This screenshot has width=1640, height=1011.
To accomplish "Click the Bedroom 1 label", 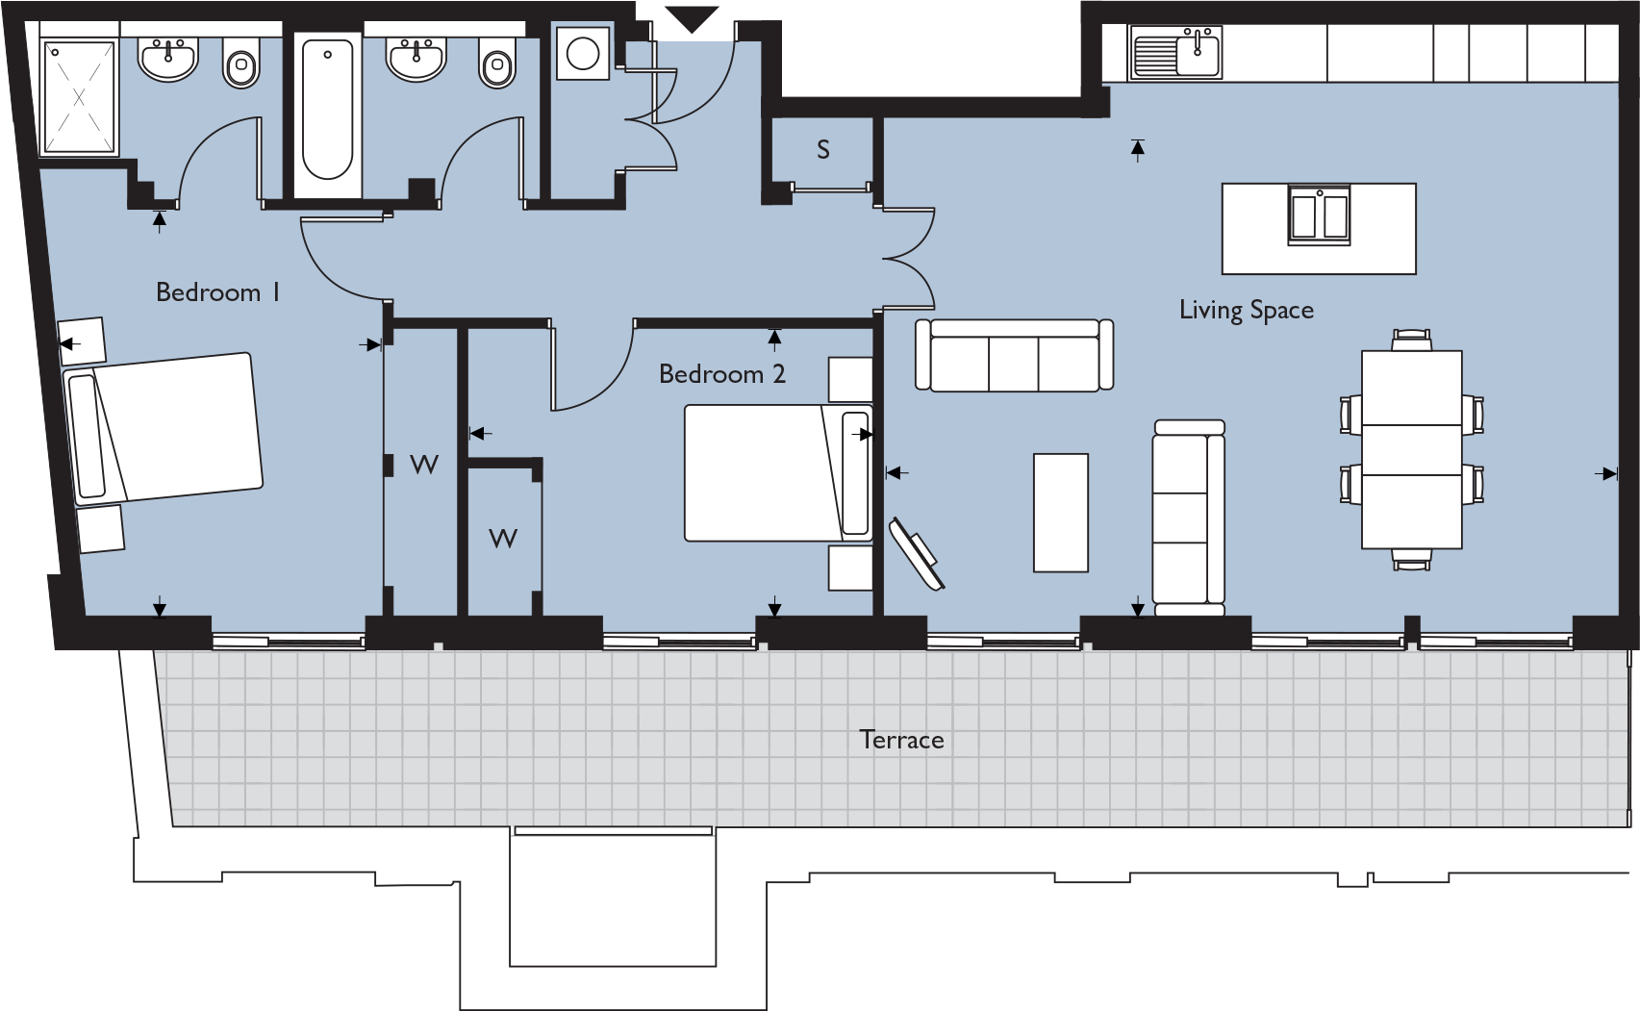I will (217, 292).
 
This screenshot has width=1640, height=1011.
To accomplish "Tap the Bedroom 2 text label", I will (721, 374).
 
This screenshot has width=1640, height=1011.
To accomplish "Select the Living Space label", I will (1246, 310).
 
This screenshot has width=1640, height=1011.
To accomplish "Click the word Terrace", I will (901, 740).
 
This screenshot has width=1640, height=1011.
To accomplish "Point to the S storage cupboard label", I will (823, 150).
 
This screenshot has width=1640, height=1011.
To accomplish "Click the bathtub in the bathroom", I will (327, 108).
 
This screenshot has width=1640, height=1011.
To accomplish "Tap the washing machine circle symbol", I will (583, 54).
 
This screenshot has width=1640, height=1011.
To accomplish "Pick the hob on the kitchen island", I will (1319, 215).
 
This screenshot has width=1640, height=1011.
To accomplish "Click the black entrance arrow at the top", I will (692, 18).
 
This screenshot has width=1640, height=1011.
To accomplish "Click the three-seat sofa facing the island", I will (1014, 356).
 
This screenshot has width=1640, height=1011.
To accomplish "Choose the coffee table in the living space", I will (1061, 513).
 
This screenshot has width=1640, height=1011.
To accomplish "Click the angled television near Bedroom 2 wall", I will (917, 553).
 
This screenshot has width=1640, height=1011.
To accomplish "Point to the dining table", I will (1411, 449).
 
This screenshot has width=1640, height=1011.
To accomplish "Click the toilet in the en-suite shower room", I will (241, 64).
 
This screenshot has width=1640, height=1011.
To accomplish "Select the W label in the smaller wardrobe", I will (503, 539).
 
